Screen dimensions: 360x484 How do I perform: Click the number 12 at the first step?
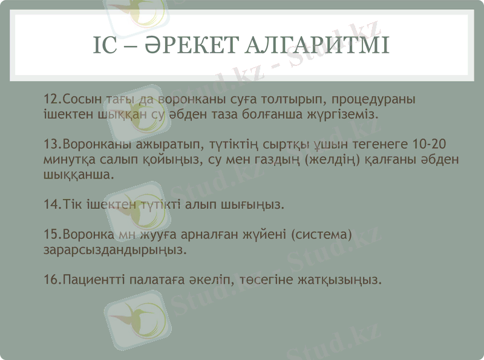[x=51, y=99]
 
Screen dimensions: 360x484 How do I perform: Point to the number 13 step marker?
[x=51, y=145]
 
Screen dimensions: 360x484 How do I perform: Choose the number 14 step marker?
[x=51, y=204]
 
